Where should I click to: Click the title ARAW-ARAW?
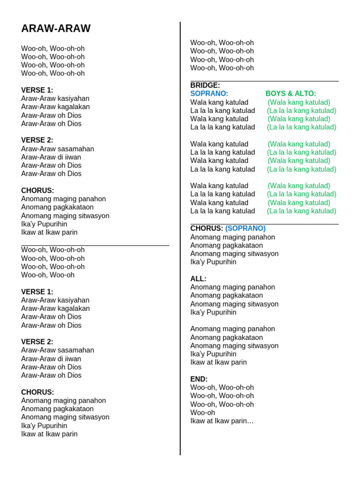coord(56,29)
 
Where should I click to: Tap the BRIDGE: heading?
coord(205,85)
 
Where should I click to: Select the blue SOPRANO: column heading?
coord(209,94)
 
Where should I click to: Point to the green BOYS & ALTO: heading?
coord(291,94)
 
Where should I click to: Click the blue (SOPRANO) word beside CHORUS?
coord(245,228)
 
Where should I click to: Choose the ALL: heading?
coord(198,279)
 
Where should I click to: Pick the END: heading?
coord(199,379)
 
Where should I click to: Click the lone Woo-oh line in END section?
coord(202,412)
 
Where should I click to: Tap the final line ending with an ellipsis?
coord(222,421)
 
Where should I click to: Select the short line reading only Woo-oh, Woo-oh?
coord(48,275)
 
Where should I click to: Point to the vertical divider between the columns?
coord(180,234)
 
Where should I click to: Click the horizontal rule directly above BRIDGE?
coord(264,81)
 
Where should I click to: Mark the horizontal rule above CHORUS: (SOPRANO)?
coord(264,224)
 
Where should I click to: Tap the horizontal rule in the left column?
coord(95,245)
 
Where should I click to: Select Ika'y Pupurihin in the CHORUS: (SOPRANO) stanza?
coord(213,262)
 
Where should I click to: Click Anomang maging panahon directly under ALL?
coord(232,287)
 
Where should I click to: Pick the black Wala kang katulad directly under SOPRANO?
coord(219,102)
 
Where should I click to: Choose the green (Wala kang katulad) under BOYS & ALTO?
coord(299,102)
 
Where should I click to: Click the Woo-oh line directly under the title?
coord(53,48)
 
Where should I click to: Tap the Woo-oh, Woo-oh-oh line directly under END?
coord(222,388)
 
